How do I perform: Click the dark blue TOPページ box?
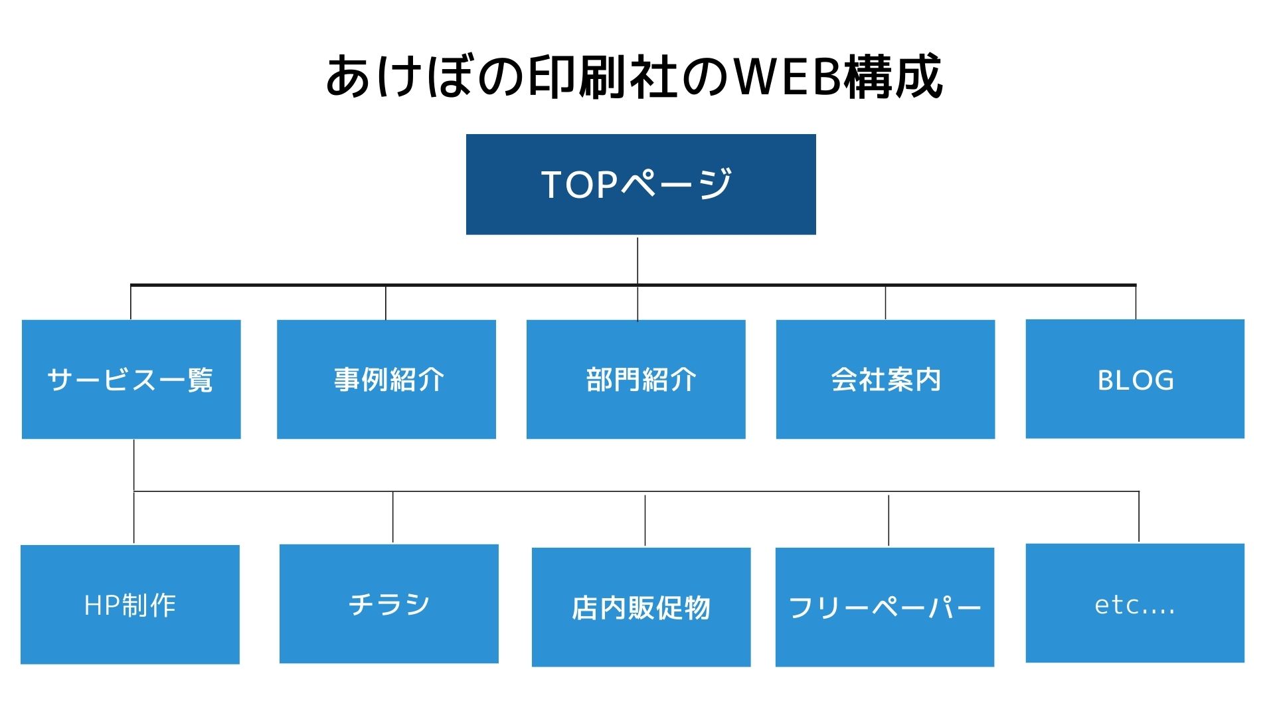coord(641,184)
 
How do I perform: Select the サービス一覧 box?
coord(131,379)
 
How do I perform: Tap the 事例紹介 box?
coord(386,379)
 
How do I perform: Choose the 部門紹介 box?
coord(636,379)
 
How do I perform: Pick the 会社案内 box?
coord(885,379)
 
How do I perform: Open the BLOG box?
coord(1135,378)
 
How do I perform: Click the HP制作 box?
coord(130,604)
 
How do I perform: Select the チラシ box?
coord(389,603)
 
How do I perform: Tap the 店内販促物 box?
coord(641,607)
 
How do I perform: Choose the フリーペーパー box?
coord(885,607)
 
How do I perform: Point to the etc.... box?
coord(1135,603)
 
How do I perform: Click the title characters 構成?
coord(893,77)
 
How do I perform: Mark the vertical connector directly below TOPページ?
coord(637,261)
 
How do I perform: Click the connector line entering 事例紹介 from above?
coord(386,303)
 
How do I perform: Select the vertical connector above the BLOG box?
coord(1136,302)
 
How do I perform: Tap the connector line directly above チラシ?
coord(392,517)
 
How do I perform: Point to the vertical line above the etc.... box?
coord(1139,517)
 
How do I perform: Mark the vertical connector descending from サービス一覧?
coord(134,491)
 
